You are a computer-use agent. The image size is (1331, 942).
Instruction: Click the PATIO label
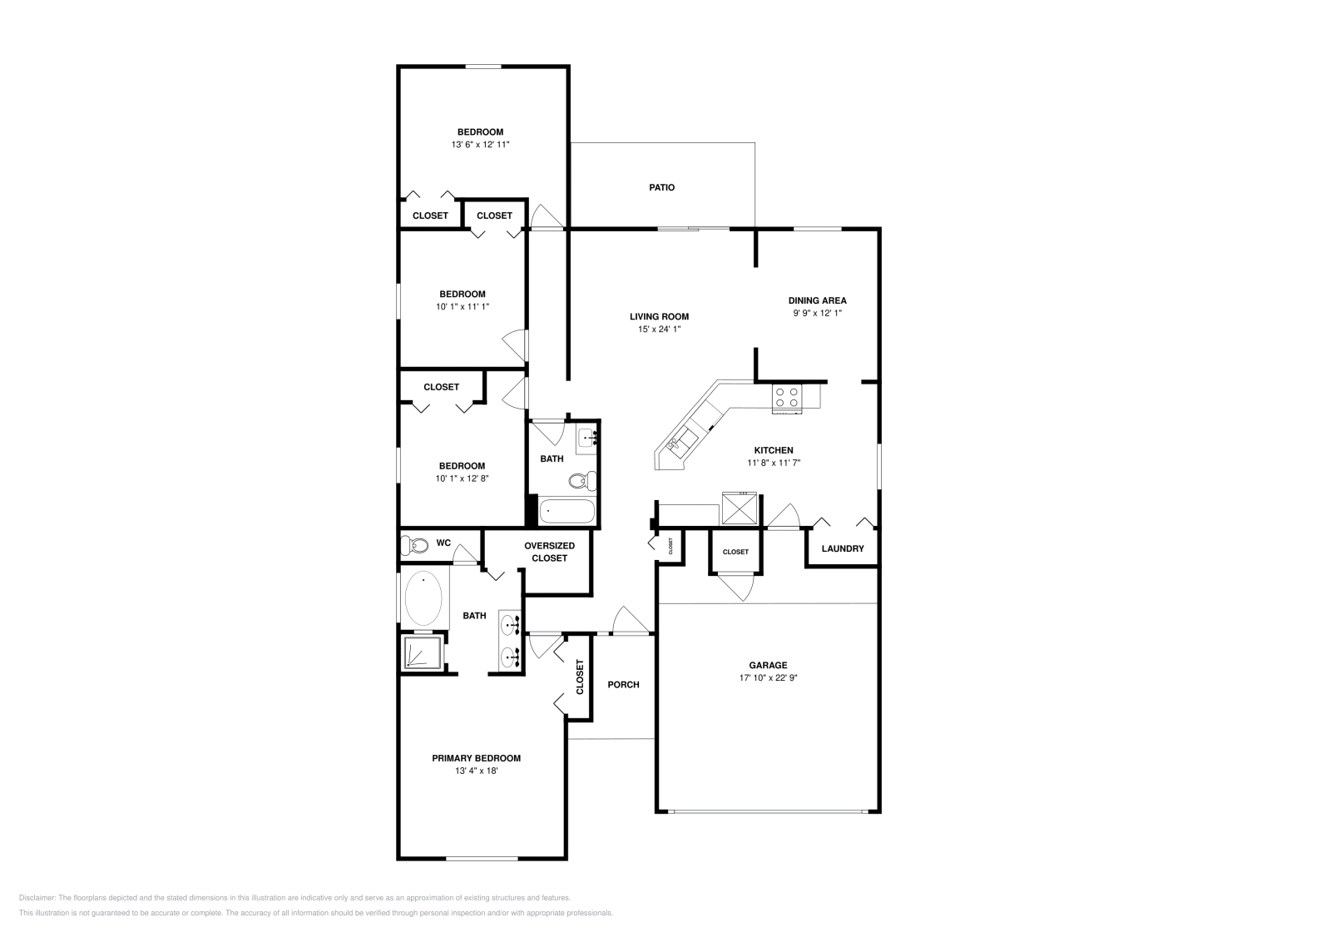point(661,188)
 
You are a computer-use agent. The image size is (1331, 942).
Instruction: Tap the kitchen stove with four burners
point(787,397)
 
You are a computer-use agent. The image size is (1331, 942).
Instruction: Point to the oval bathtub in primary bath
point(424,597)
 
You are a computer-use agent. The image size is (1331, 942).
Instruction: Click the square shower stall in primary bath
point(423,652)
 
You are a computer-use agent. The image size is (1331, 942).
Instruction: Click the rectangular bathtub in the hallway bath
point(567,511)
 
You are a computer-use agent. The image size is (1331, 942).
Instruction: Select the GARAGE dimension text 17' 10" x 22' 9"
point(768,677)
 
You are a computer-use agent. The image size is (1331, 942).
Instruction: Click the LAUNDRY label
point(843,549)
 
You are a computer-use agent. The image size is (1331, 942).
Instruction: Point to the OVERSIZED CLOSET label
point(549,552)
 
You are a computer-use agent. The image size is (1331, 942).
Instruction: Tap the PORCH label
point(623,685)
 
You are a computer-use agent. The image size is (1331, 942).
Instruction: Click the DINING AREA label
point(817,300)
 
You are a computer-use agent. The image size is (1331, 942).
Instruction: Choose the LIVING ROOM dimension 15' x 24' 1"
point(659,330)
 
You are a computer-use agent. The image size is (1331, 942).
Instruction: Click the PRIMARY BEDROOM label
point(476,758)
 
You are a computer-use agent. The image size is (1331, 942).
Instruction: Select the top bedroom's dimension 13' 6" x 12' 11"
point(480,145)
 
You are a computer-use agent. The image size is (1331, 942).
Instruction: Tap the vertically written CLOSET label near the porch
point(580,677)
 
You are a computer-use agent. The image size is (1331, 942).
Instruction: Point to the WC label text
point(443,543)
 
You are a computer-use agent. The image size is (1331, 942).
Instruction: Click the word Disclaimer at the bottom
point(37,898)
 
